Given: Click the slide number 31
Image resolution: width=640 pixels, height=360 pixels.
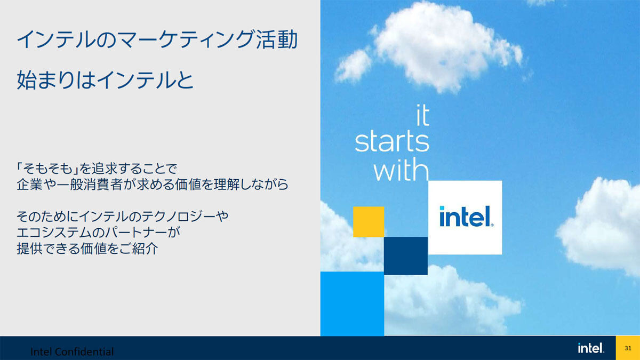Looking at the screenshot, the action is [x=628, y=348].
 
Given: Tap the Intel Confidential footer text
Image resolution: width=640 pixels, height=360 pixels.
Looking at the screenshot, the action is [x=72, y=351].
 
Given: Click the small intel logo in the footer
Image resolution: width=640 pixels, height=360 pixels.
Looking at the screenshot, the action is [x=591, y=348].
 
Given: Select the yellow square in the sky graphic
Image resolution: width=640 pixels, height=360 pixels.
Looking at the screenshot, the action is [x=369, y=222].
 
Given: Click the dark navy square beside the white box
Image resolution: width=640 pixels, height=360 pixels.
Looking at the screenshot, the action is [x=406, y=255].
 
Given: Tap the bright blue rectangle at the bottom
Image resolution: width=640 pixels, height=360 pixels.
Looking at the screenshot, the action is [x=353, y=303].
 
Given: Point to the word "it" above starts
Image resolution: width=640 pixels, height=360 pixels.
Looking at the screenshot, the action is [x=422, y=115].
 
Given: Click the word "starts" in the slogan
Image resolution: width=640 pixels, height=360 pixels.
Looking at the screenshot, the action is [x=392, y=141].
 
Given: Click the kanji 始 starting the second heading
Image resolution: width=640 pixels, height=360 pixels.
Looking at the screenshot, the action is [x=26, y=80].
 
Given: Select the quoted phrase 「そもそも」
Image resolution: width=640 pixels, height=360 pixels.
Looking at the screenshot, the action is [x=47, y=169].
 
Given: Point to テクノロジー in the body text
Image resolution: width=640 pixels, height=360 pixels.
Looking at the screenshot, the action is [x=178, y=217].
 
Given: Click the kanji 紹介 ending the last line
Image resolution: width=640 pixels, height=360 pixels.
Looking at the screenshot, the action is [x=145, y=249].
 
